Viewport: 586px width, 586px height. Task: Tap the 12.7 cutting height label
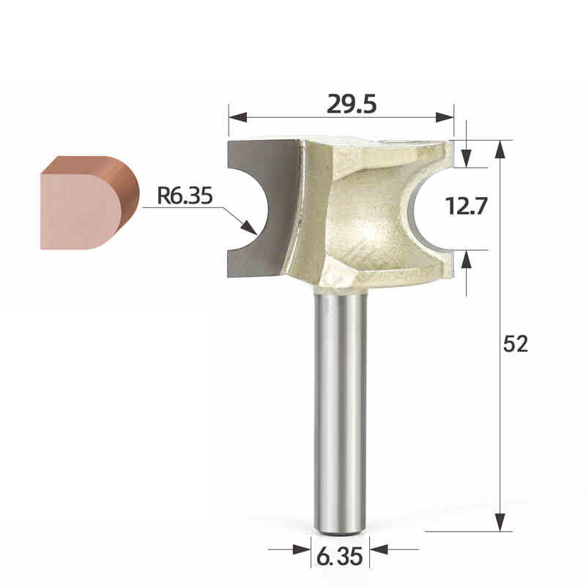pyautogui.click(x=467, y=207)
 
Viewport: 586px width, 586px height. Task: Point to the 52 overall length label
pyautogui.click(x=516, y=344)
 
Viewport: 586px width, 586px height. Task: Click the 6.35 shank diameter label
pyautogui.click(x=340, y=557)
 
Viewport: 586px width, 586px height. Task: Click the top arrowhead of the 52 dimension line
pyautogui.click(x=500, y=149)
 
